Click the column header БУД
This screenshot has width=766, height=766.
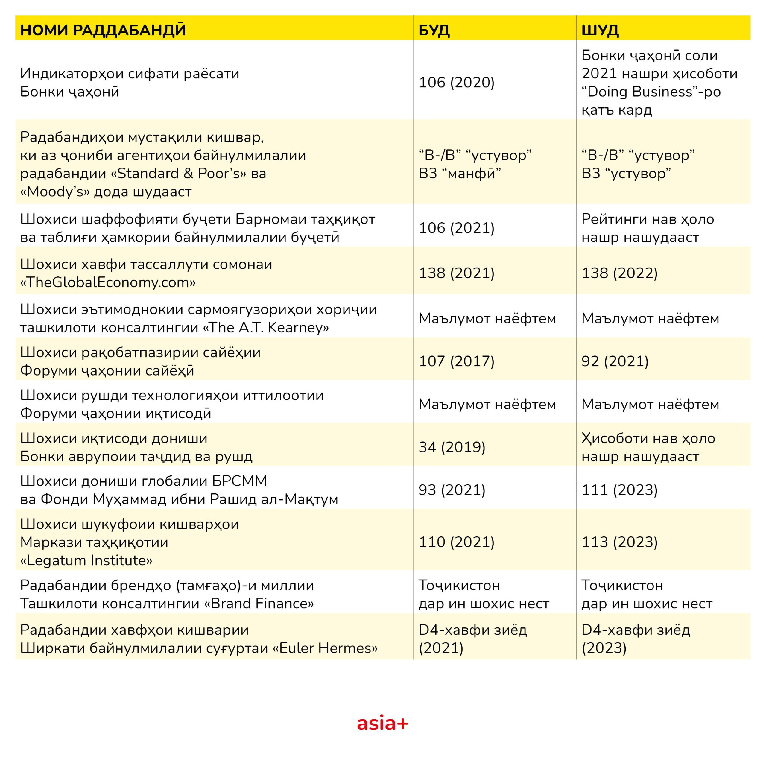434,30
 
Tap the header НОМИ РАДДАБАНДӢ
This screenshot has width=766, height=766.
103,30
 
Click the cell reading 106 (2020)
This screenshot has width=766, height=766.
456,83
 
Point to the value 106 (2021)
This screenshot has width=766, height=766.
456,228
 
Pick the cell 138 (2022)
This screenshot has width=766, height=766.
619,273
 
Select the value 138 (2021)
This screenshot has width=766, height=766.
456,273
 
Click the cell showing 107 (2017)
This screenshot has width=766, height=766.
456,361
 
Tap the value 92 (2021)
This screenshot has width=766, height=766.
615,361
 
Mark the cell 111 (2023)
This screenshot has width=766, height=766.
619,490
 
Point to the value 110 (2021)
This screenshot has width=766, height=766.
456,542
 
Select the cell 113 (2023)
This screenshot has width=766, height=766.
619,542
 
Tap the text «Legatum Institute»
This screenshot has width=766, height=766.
86,560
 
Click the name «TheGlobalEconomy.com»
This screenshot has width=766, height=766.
108,282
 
